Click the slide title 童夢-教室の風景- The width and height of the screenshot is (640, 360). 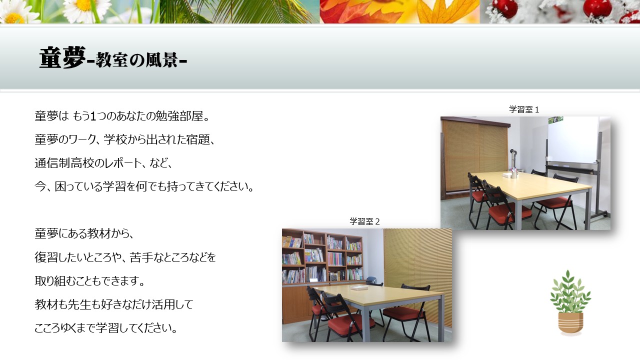113,58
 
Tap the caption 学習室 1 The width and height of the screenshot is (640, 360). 524,109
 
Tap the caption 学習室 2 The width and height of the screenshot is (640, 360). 364,221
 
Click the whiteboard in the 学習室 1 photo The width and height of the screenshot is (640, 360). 573,139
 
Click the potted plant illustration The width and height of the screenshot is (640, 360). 570,302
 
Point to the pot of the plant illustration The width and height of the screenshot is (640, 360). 570,323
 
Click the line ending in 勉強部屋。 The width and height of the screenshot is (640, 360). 122,116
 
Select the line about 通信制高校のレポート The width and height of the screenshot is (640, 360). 103,163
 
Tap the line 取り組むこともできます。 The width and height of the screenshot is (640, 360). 89,281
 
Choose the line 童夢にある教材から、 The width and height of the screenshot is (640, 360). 84,233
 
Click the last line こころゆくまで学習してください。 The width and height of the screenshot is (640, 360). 106,328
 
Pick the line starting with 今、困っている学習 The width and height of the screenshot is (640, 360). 144,186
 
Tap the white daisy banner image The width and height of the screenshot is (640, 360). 80,11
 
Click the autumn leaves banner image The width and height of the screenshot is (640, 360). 399,11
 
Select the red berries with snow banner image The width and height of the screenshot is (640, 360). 560,11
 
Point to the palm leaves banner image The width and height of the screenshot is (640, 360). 239,11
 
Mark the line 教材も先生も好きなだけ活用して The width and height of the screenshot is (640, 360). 114,304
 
